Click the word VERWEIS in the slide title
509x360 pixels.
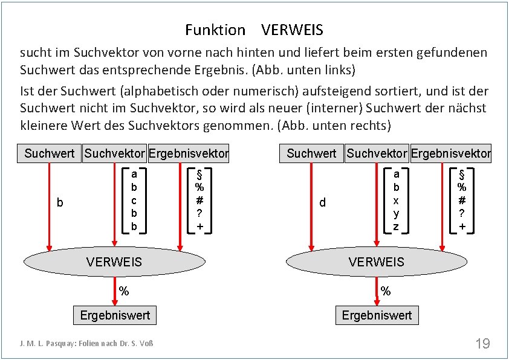pos(293,30)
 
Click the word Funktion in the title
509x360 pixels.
pos(215,30)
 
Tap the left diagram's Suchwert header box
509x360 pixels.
pos(49,153)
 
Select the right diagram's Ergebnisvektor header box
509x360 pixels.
pos(451,153)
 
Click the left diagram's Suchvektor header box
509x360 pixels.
pos(114,153)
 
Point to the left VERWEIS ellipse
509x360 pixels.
pos(114,262)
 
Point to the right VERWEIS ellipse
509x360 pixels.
pos(376,262)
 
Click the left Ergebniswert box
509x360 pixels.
pos(115,315)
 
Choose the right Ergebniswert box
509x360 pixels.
pos(377,315)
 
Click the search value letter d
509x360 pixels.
pos(322,203)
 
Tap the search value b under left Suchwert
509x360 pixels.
pos(60,203)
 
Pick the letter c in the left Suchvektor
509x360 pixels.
pos(134,200)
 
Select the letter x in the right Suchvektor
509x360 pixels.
pos(396,200)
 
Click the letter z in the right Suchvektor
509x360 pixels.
pos(396,227)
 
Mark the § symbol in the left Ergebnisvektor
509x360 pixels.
pos(199,173)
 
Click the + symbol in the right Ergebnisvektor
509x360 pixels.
pos(462,227)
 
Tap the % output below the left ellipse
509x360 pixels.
pos(124,291)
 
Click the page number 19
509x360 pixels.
pos(482,344)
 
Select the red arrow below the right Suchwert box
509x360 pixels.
pos(311,205)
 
